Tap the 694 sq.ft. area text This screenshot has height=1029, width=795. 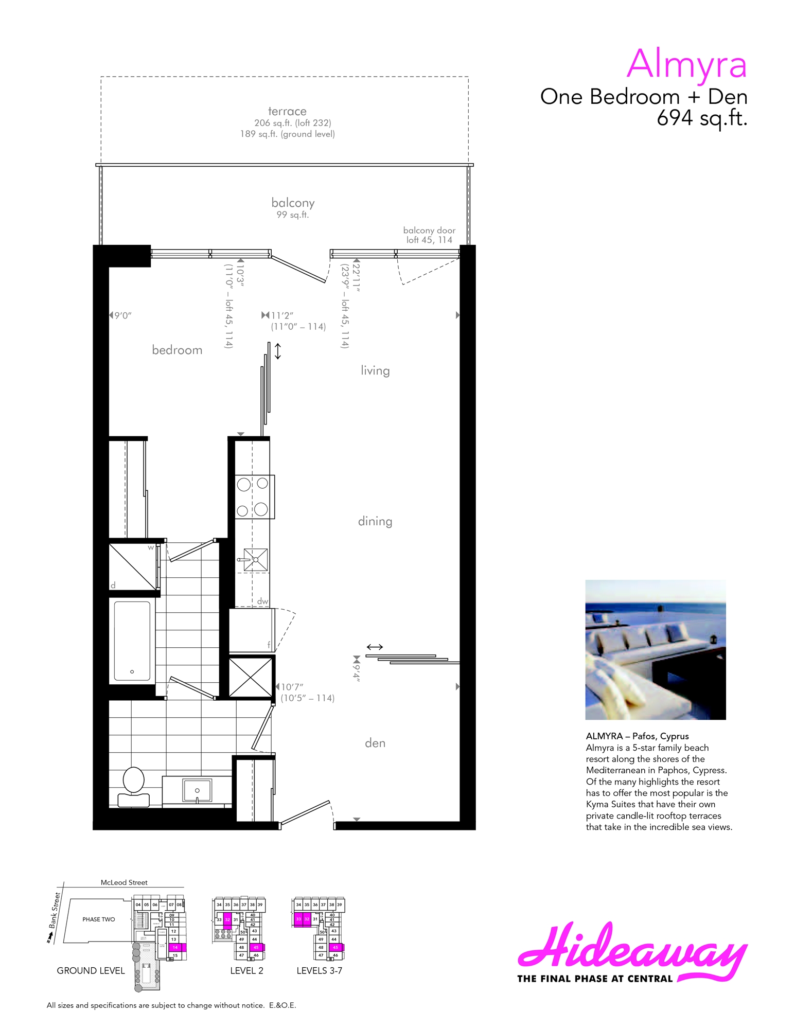[x=701, y=118]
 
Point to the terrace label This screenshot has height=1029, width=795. [x=287, y=111]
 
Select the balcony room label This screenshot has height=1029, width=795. [x=293, y=203]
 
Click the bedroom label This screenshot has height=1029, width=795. [x=177, y=350]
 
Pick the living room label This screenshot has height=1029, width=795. [x=375, y=370]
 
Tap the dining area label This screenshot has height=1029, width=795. [x=375, y=521]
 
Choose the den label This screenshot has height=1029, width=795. [x=375, y=743]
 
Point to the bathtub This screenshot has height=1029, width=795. [x=132, y=641]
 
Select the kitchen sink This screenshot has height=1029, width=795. [x=255, y=559]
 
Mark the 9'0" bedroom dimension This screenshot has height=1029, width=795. [x=122, y=315]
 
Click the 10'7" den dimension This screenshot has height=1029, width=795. [x=292, y=687]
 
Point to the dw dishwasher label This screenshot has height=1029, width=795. [x=262, y=601]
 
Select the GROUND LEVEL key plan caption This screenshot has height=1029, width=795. [x=91, y=970]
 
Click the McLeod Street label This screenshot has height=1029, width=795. [x=124, y=882]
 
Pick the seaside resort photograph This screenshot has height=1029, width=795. [x=656, y=649]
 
